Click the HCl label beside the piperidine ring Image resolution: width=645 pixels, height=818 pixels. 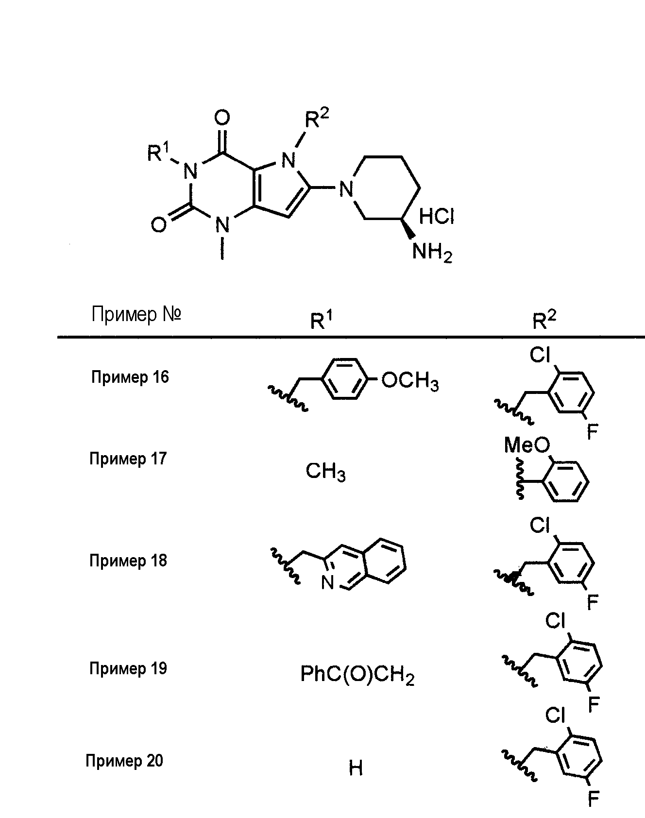pyautogui.click(x=436, y=216)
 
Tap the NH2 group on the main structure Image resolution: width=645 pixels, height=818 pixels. pyautogui.click(x=432, y=253)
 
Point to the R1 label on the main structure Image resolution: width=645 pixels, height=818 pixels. pyautogui.click(x=159, y=153)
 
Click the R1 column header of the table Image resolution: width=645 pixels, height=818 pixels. pyautogui.click(x=322, y=321)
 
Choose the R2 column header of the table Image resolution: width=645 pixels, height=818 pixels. pyautogui.click(x=544, y=321)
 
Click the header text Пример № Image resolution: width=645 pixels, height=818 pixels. pyautogui.click(x=136, y=315)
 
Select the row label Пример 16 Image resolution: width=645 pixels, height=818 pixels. pyautogui.click(x=130, y=377)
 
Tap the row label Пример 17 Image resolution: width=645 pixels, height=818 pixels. pyautogui.click(x=128, y=459)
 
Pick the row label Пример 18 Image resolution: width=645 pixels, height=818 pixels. pyautogui.click(x=128, y=561)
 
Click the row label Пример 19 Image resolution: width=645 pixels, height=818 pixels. pyautogui.click(x=128, y=668)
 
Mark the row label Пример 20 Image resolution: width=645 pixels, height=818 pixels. pyautogui.click(x=124, y=761)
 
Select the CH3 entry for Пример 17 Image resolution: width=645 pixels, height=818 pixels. pyautogui.click(x=325, y=471)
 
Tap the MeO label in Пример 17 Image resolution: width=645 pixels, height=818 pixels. pyautogui.click(x=527, y=444)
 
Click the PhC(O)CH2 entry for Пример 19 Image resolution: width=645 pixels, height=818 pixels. pyautogui.click(x=357, y=675)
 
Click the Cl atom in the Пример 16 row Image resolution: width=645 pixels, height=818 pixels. pyautogui.click(x=540, y=356)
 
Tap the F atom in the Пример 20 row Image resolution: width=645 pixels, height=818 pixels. pyautogui.click(x=593, y=799)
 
